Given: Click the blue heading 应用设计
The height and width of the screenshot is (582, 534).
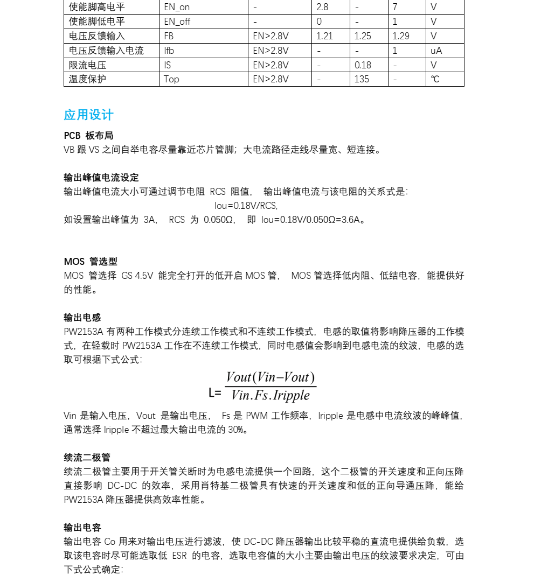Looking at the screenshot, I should (x=88, y=115).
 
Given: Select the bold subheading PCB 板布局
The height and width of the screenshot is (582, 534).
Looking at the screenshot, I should (x=88, y=136).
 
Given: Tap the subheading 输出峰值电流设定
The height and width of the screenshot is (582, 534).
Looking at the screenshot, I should (x=101, y=178).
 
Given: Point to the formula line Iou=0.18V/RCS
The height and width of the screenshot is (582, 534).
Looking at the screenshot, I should (x=246, y=206).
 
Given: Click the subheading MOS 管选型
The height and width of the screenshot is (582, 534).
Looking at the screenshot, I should (x=91, y=262).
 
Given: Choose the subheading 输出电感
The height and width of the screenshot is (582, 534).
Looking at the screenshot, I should (x=82, y=318).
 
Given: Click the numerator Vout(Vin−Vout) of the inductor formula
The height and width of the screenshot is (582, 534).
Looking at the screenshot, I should (x=271, y=377).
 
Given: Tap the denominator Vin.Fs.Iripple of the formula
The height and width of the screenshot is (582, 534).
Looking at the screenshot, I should (x=271, y=396).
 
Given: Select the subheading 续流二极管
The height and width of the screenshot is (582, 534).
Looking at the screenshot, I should (x=87, y=458).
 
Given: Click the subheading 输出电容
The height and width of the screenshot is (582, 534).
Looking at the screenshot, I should (x=82, y=528).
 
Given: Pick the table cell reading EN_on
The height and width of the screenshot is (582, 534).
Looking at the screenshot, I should (x=177, y=8).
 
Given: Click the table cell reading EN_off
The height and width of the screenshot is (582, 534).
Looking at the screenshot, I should (x=177, y=22).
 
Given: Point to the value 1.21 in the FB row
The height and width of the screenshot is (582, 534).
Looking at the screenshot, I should (x=324, y=36).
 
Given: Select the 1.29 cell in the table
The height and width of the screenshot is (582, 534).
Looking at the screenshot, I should (x=401, y=36).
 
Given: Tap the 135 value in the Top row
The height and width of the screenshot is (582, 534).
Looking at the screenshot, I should (x=362, y=79).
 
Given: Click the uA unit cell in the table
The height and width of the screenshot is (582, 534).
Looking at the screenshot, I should (x=436, y=51).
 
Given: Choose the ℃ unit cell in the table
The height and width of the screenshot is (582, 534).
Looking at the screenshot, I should (x=435, y=79).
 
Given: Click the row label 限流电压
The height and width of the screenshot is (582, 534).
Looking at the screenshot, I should (x=87, y=65).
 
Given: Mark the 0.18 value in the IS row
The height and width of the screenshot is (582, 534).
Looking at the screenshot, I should (x=363, y=65).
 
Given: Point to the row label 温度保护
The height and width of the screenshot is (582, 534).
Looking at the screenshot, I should (x=87, y=79).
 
